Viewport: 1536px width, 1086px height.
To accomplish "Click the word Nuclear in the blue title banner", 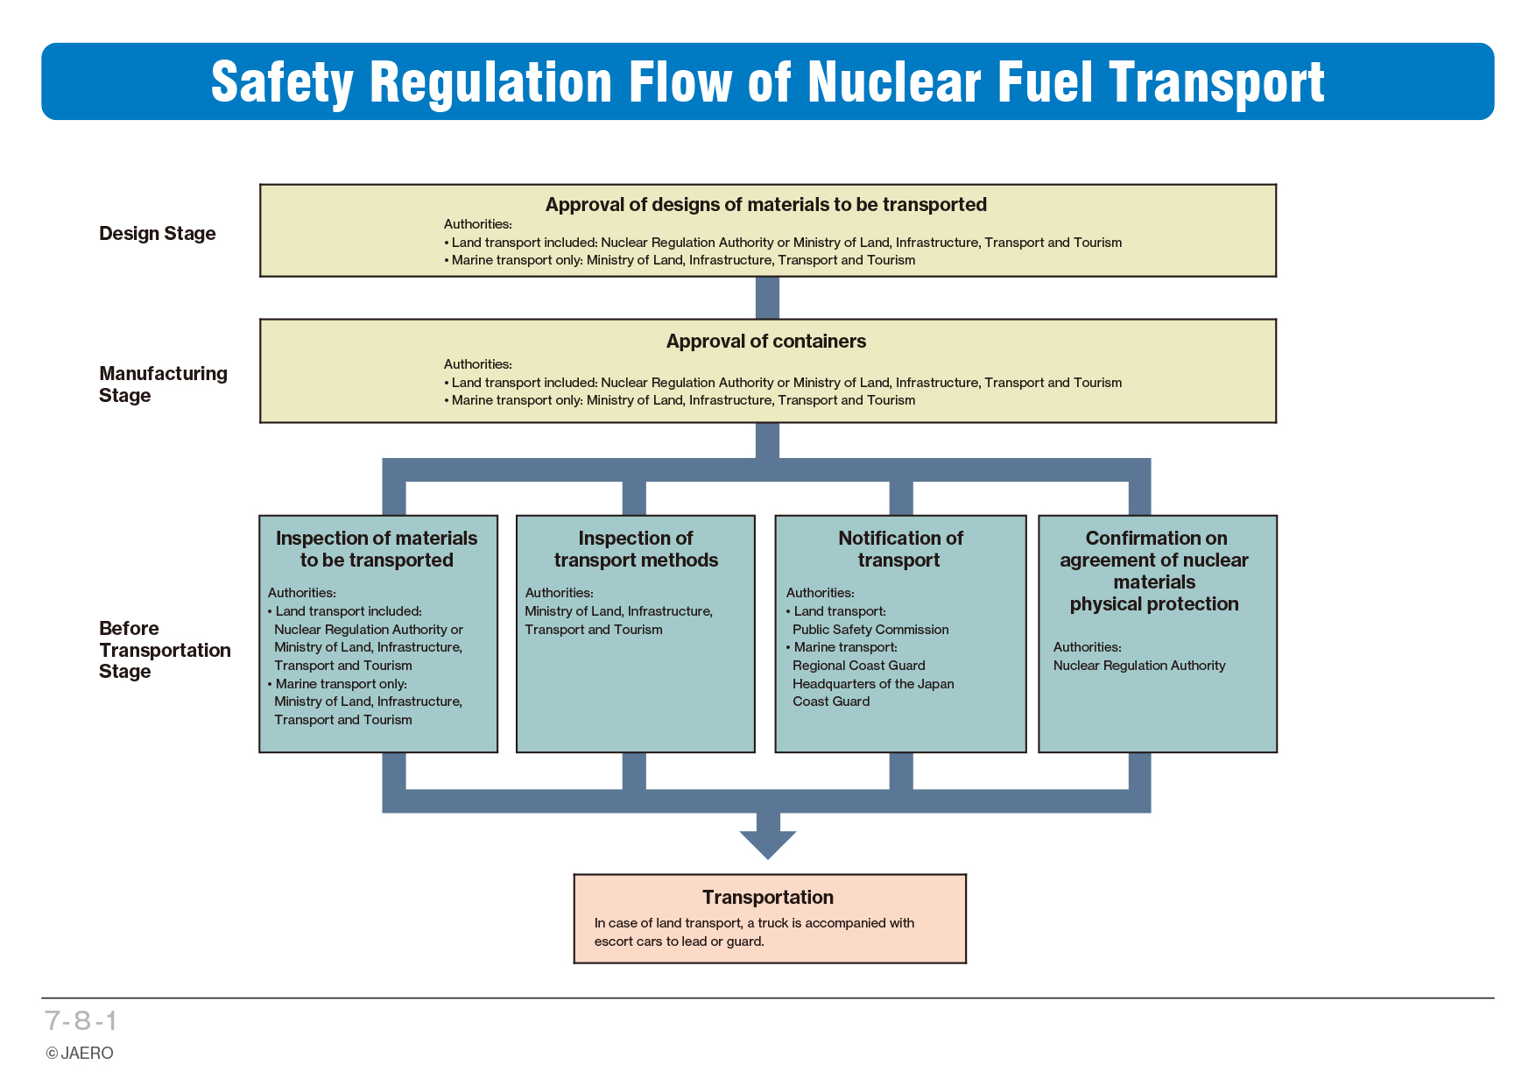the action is (894, 82).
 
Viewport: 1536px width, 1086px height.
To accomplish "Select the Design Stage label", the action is (158, 233).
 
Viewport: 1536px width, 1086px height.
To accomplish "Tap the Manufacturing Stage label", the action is (163, 384).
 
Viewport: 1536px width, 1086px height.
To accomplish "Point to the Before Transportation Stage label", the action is (165, 650).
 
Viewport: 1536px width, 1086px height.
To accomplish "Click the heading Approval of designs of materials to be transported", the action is (766, 205).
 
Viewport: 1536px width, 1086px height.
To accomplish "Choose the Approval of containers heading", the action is (766, 342).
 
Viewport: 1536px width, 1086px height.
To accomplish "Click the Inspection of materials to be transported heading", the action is (377, 549).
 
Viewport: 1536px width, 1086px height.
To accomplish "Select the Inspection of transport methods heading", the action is (636, 549).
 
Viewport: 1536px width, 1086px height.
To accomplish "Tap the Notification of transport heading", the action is (900, 549).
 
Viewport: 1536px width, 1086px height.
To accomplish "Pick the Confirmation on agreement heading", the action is (1155, 571).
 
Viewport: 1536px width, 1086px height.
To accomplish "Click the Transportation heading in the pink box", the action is (768, 897).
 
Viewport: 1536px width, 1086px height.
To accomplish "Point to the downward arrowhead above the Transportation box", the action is (768, 844).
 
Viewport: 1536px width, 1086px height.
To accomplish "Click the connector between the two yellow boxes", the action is (767, 298).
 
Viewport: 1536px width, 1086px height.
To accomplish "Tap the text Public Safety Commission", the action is (870, 630).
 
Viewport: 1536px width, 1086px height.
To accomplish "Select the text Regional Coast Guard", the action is (859, 666).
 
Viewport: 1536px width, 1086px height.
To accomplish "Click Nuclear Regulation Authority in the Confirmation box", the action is (1139, 666).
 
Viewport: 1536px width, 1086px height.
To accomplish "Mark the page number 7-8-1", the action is (81, 1020).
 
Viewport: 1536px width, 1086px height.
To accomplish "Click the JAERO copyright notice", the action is (80, 1053).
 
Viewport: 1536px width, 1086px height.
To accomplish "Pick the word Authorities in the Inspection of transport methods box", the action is (559, 593).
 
